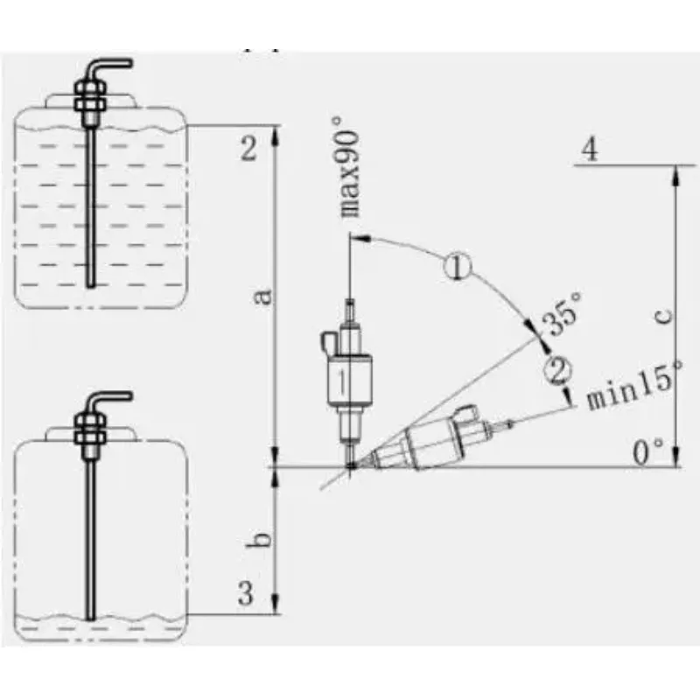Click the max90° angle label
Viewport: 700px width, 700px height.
pyautogui.click(x=347, y=167)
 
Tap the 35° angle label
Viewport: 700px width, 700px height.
pyautogui.click(x=562, y=313)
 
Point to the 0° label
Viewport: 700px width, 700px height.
pyautogui.click(x=648, y=452)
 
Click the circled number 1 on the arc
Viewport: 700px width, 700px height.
pyautogui.click(x=458, y=267)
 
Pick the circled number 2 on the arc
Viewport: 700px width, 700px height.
pyautogui.click(x=557, y=370)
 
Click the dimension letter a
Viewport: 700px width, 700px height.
pyautogui.click(x=263, y=297)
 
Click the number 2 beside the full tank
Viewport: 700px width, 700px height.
pyautogui.click(x=248, y=148)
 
